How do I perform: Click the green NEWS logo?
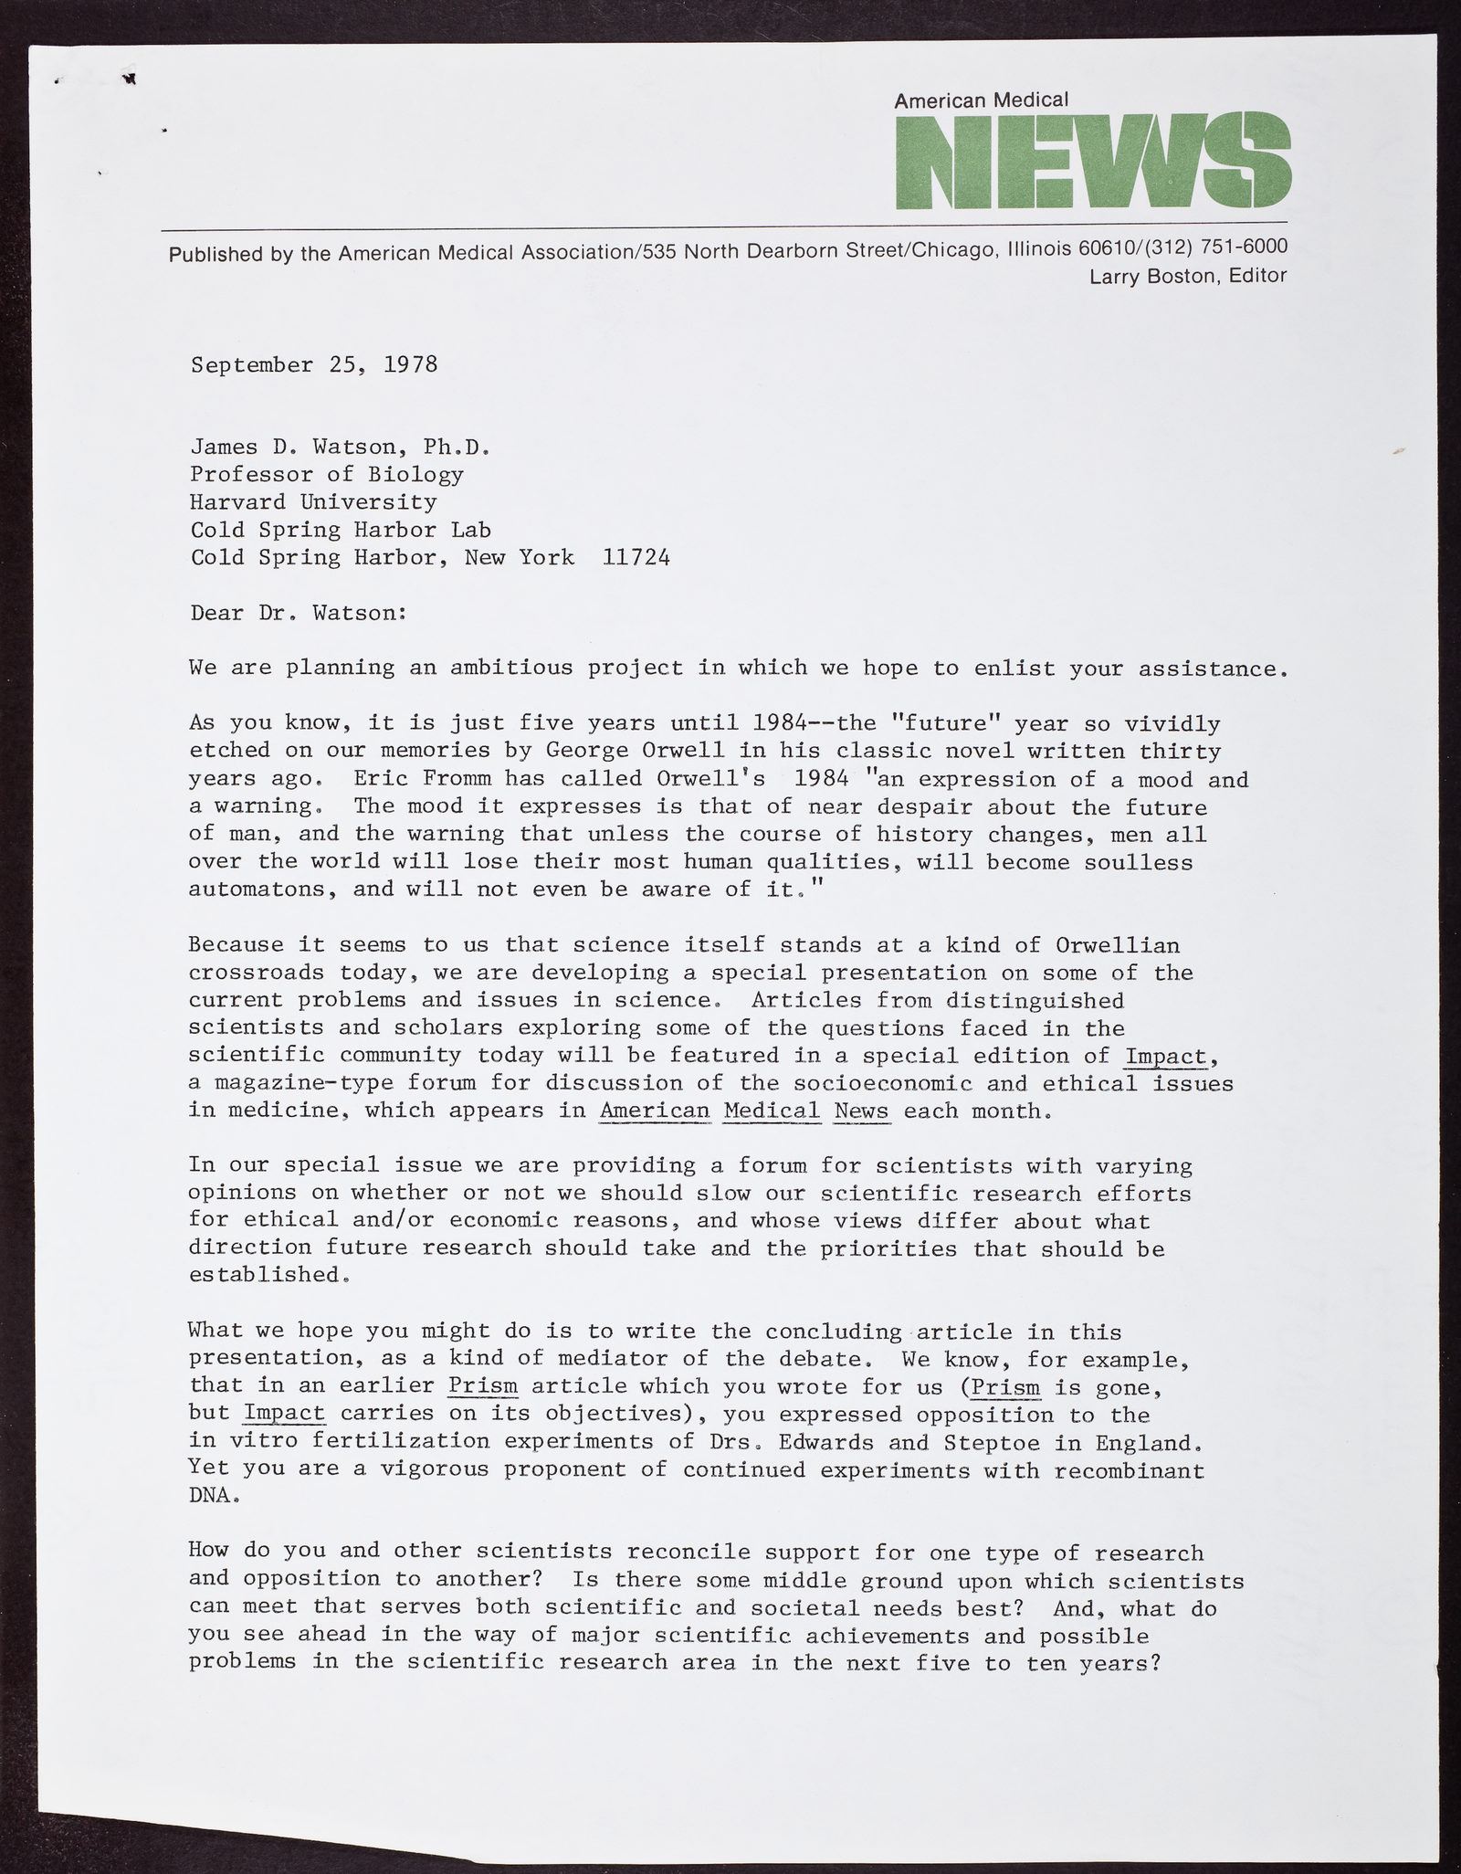[1092, 161]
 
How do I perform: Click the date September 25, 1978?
[314, 365]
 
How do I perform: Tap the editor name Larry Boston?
[1154, 276]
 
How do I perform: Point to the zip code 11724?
[636, 557]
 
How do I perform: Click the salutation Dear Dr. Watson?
[298, 613]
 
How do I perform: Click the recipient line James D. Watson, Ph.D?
[341, 447]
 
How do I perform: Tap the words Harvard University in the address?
[313, 502]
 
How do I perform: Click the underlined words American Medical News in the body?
[743, 1111]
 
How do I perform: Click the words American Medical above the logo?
[981, 100]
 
